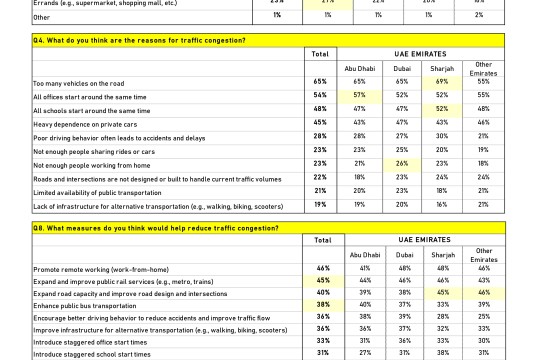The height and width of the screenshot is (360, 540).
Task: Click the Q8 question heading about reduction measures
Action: (141, 228)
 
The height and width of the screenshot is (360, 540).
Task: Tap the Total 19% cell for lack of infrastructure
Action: (321, 205)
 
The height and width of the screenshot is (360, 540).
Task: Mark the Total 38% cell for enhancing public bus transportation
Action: (322, 304)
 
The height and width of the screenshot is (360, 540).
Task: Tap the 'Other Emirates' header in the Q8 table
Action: (483, 254)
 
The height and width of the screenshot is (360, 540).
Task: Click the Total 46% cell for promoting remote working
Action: (322, 269)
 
